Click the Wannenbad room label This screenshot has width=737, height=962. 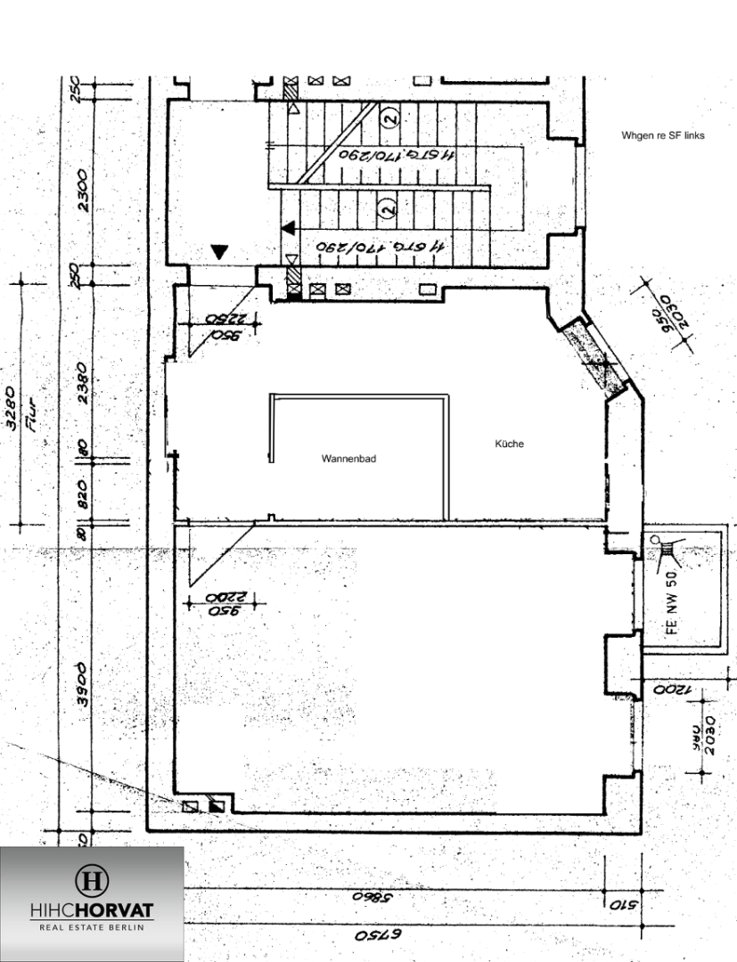tap(348, 459)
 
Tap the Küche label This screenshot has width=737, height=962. tap(510, 444)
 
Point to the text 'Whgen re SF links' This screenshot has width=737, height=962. tap(663, 135)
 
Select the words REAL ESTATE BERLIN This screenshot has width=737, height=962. tap(92, 927)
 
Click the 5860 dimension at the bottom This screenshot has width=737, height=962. tap(365, 898)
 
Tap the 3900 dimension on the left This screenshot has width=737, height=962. tap(83, 684)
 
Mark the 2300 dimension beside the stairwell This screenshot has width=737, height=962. tap(83, 191)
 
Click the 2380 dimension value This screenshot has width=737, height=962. tap(83, 383)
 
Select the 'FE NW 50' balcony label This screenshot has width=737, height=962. tap(672, 609)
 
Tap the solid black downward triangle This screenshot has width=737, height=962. tap(220, 252)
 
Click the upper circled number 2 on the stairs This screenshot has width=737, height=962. tap(388, 116)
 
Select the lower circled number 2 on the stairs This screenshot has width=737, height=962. tap(387, 208)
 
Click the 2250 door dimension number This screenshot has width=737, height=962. tap(225, 319)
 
